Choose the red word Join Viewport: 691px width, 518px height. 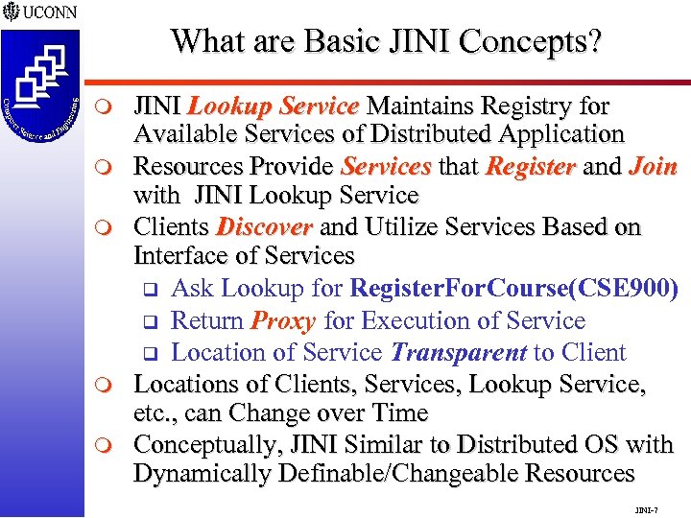tap(654, 166)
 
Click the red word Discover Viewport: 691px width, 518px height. tap(265, 227)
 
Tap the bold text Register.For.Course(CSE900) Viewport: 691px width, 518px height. tap(514, 289)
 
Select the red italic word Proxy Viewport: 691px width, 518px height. tap(285, 319)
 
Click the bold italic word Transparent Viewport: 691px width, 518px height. tap(461, 351)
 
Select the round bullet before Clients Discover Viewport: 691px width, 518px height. tap(112, 228)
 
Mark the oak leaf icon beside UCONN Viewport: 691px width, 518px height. tap(12, 12)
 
